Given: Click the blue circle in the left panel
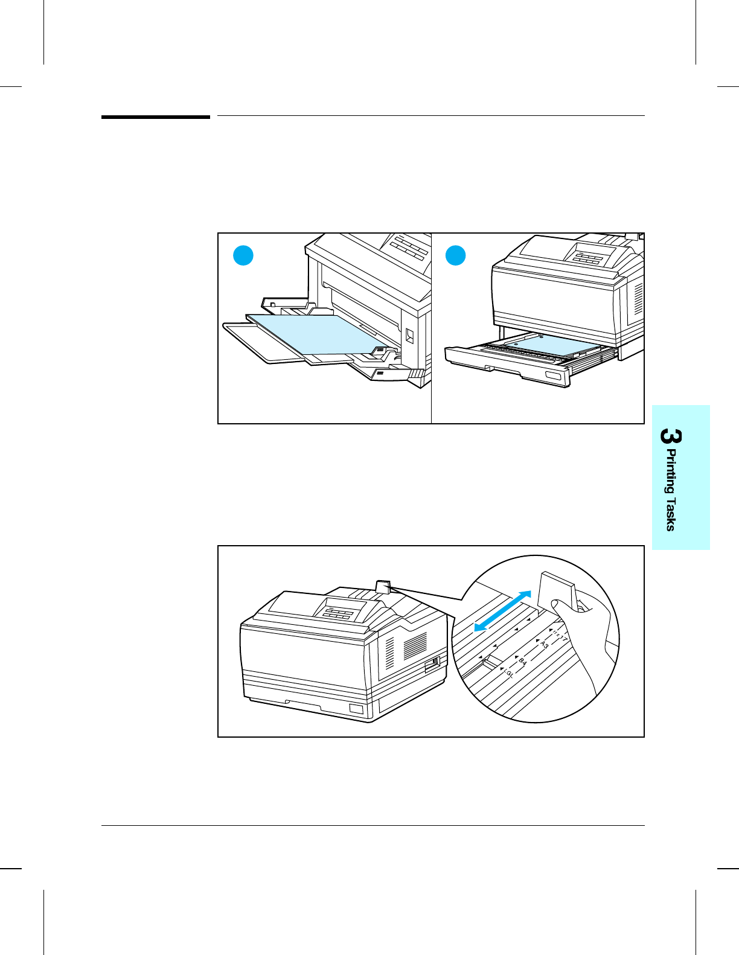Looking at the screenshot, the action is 243,256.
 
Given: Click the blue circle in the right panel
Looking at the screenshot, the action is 456,255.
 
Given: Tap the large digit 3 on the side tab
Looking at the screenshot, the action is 670,436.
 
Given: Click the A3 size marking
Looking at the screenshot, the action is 543,645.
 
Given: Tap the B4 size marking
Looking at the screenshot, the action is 522,662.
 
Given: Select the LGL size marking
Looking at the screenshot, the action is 507,672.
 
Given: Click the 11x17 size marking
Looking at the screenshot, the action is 560,634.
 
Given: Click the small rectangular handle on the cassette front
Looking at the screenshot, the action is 553,377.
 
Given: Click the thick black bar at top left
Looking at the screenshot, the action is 155,117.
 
